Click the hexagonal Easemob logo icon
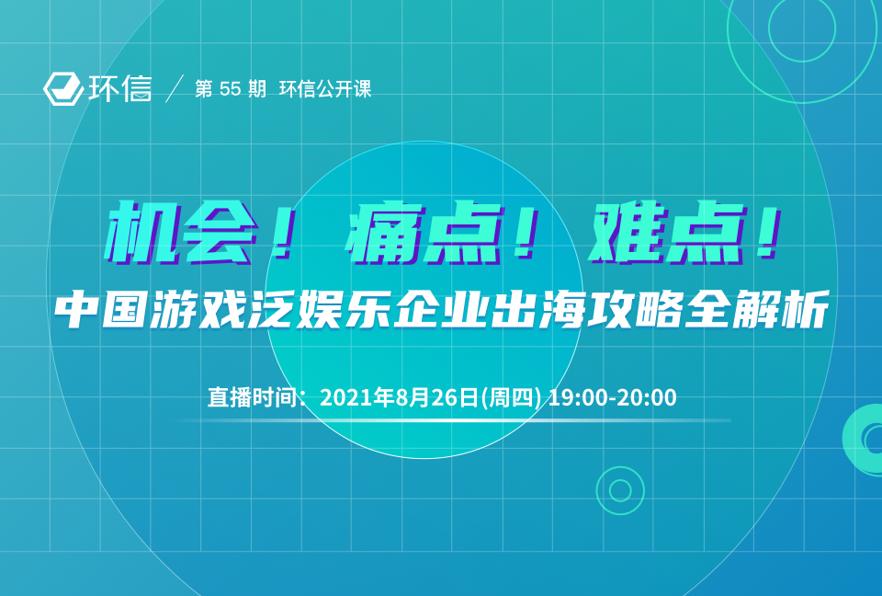(x=63, y=88)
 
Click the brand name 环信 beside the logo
(x=119, y=88)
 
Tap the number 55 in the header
(x=230, y=89)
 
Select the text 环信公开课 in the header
(x=325, y=89)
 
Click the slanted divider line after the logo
(x=175, y=88)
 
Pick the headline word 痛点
(x=424, y=233)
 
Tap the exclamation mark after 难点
(x=768, y=233)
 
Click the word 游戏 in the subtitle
(x=198, y=309)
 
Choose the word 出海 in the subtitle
(x=538, y=309)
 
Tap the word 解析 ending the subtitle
(x=781, y=309)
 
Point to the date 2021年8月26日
(x=399, y=397)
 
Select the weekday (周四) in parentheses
(x=511, y=397)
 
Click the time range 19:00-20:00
(x=612, y=397)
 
